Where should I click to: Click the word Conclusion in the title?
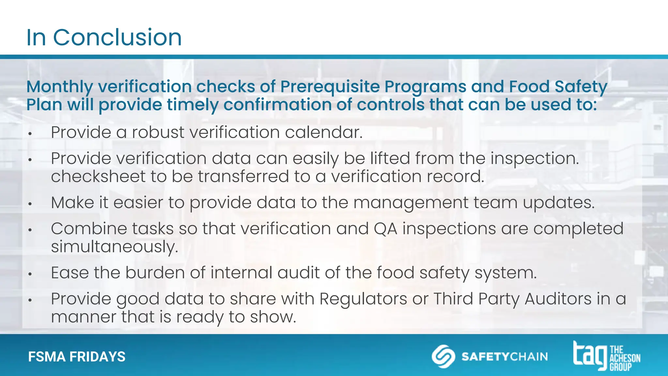pyautogui.click(x=117, y=37)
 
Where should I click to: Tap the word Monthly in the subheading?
pyautogui.click(x=60, y=87)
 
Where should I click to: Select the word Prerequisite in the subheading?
pyautogui.click(x=330, y=87)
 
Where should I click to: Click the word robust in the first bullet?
pyautogui.click(x=158, y=133)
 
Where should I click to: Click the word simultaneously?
pyautogui.click(x=114, y=247)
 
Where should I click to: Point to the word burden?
pyautogui.click(x=155, y=273)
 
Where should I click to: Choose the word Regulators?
pyautogui.click(x=363, y=299)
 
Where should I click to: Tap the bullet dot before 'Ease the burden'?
pyautogui.click(x=30, y=274)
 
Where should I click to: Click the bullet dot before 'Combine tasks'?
pyautogui.click(x=30, y=230)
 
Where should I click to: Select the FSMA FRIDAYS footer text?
pyautogui.click(x=77, y=357)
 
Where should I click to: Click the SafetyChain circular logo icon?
pyautogui.click(x=443, y=356)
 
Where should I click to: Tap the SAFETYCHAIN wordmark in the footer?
pyautogui.click(x=504, y=356)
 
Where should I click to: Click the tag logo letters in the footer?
pyautogui.click(x=590, y=355)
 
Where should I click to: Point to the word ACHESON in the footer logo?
pyautogui.click(x=625, y=358)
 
